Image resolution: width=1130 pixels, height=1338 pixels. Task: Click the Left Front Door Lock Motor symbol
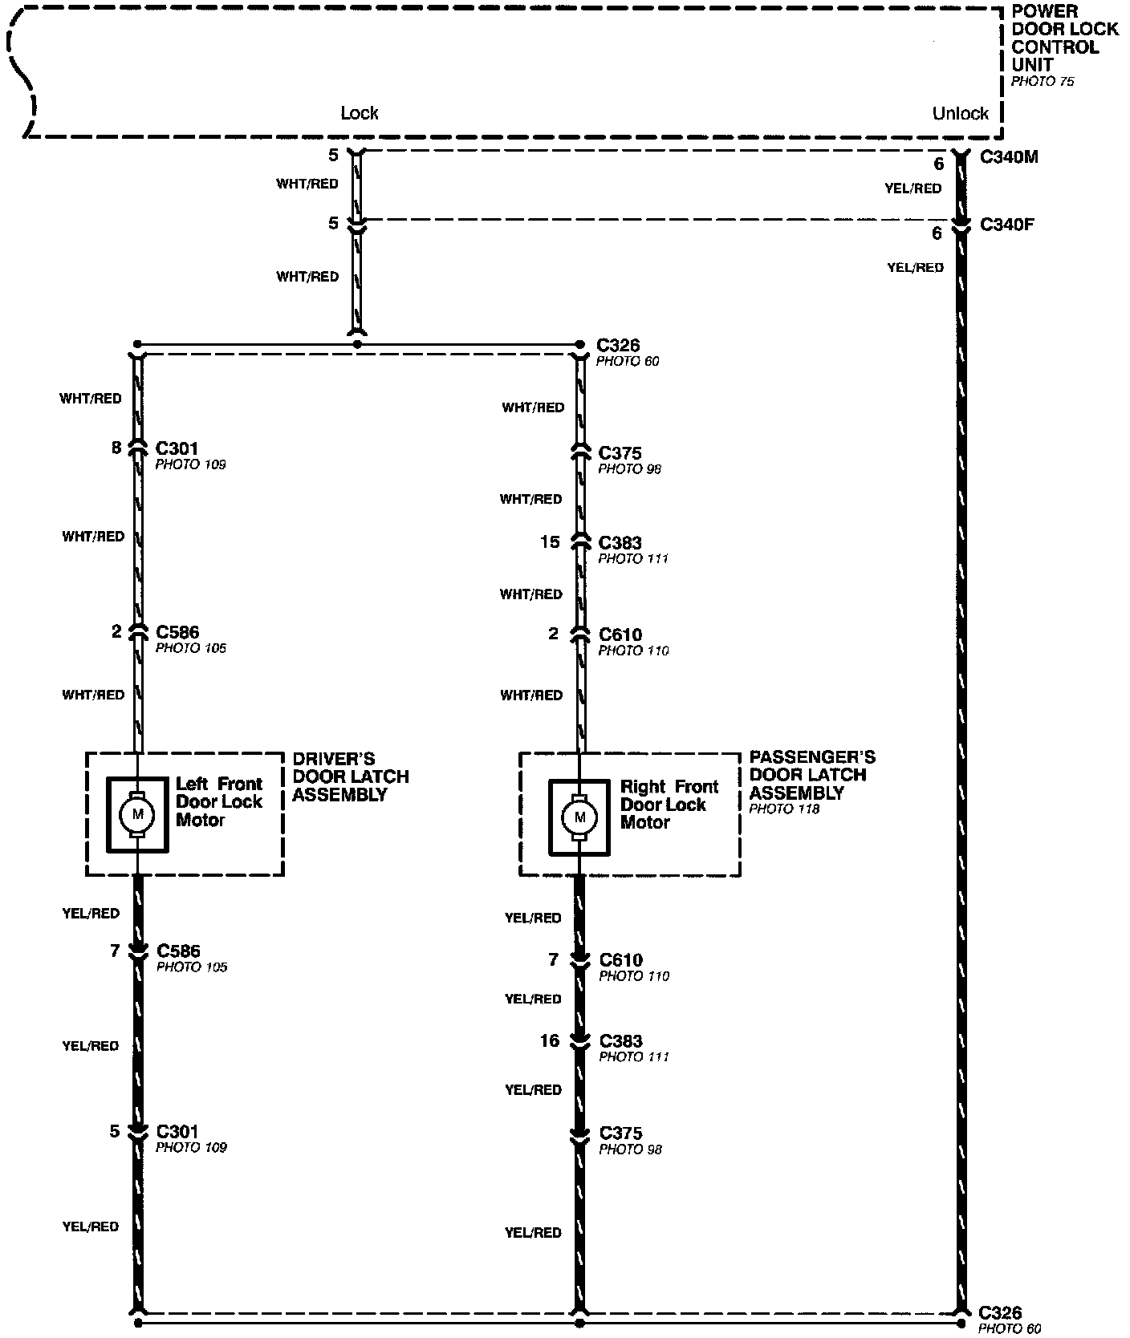[137, 814]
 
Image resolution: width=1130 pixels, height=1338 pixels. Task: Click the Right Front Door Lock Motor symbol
[579, 817]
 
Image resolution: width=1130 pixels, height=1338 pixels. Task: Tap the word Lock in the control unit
[359, 113]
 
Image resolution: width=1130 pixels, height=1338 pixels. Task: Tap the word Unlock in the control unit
[960, 114]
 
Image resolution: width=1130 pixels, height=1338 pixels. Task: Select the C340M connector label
[1009, 157]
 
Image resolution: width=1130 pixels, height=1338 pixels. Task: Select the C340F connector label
[1007, 225]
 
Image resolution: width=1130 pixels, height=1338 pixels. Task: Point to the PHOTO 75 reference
[1042, 82]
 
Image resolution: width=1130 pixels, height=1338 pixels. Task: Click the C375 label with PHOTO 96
[620, 453]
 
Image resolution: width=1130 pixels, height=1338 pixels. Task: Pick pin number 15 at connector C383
[550, 543]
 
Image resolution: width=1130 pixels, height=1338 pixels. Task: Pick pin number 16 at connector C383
[550, 1041]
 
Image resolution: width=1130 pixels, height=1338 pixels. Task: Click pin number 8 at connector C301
[116, 448]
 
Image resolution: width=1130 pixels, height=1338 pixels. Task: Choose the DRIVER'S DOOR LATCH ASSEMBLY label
[351, 776]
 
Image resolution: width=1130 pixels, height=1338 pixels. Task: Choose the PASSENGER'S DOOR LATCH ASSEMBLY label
[811, 775]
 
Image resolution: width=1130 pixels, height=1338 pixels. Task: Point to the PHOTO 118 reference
[784, 809]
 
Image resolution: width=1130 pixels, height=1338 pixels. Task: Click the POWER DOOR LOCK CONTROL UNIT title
[1064, 38]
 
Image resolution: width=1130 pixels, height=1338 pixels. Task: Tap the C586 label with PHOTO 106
[177, 632]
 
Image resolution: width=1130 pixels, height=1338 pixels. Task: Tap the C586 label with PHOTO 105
[178, 951]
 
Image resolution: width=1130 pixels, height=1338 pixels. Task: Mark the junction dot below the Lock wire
[357, 344]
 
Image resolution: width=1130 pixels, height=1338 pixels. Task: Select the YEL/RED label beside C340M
[913, 189]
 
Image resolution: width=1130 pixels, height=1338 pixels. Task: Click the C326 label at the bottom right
[1000, 1313]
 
